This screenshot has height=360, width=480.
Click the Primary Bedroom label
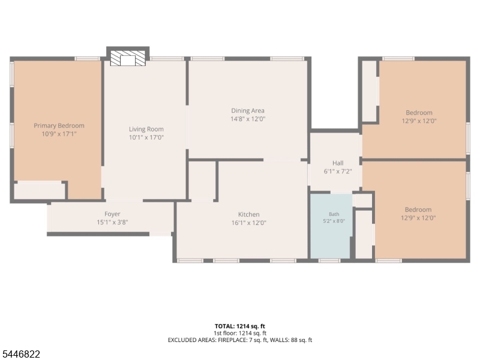59,125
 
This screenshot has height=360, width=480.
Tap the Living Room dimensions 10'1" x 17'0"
146,137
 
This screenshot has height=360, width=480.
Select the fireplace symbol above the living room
128,58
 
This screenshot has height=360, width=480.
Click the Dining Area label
248,111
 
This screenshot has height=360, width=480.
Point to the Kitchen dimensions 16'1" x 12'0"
249,223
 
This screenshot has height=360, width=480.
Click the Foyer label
112,214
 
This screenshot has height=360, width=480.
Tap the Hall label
338,163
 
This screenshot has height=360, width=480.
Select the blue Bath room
331,226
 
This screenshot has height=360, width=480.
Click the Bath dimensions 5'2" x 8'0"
334,221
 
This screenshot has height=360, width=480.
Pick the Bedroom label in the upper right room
419,113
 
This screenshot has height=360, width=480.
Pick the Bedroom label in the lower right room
418,209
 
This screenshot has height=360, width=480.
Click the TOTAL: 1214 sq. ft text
239,326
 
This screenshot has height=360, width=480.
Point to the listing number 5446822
20,354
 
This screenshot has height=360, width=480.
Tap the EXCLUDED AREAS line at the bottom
240,340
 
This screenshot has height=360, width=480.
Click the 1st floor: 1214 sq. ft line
240,334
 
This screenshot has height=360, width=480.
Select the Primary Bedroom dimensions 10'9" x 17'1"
59,134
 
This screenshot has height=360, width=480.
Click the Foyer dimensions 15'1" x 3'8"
112,222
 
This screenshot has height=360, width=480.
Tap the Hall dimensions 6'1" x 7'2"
338,172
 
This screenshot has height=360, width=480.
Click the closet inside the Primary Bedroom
40,191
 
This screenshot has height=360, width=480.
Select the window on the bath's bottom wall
329,261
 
